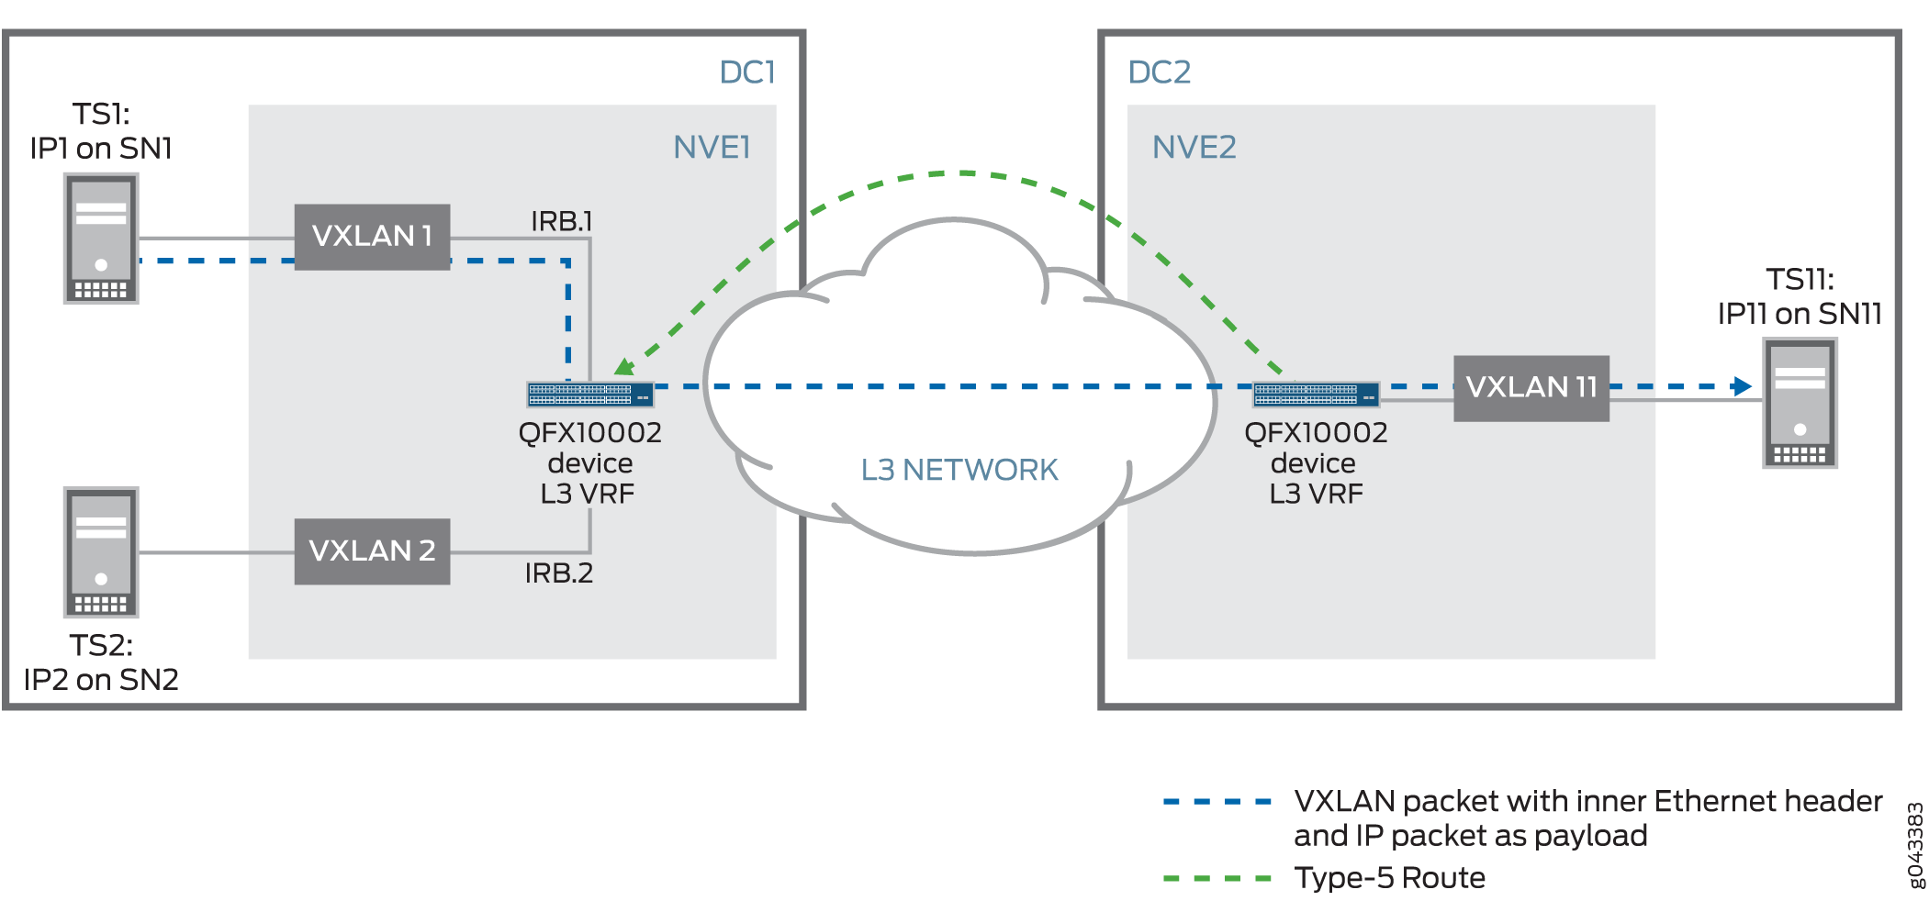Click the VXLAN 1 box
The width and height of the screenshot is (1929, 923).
click(x=372, y=237)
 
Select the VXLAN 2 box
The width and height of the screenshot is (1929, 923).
click(x=372, y=551)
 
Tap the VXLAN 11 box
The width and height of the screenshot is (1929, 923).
click(x=1531, y=388)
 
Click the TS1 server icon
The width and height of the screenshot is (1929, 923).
click(x=101, y=239)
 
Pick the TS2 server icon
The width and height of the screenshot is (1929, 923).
click(x=101, y=552)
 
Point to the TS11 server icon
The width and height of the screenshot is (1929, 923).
click(x=1800, y=404)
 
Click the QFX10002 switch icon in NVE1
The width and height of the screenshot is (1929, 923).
click(x=589, y=395)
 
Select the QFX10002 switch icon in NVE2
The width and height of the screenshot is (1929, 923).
click(x=1316, y=395)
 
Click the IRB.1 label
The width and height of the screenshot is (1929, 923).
click(x=561, y=221)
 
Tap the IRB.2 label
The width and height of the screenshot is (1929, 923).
click(x=558, y=573)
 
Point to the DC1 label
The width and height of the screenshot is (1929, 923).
click(x=746, y=72)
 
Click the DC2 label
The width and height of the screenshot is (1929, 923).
click(x=1159, y=72)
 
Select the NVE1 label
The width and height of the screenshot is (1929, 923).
click(x=712, y=148)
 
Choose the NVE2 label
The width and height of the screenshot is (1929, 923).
click(x=1194, y=148)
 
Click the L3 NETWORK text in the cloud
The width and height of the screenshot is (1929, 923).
click(x=959, y=470)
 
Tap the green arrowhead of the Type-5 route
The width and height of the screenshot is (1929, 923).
click(x=625, y=367)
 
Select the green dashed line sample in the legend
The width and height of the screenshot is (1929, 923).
click(x=1217, y=879)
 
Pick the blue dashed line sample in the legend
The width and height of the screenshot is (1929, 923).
click(x=1217, y=802)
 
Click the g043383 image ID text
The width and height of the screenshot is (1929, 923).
click(x=1915, y=845)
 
